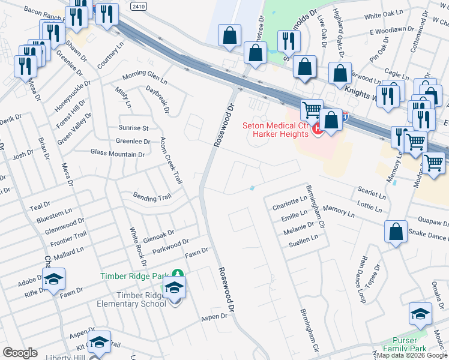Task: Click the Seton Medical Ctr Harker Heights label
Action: (x=276, y=129)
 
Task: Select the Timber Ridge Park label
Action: (x=134, y=277)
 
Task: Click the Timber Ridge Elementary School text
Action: (x=131, y=299)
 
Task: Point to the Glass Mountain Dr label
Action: (x=118, y=154)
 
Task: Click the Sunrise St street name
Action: (x=133, y=128)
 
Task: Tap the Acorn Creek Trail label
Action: (x=170, y=161)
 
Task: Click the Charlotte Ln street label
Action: (x=289, y=204)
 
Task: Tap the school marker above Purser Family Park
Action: (x=420, y=314)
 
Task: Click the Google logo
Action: (x=20, y=353)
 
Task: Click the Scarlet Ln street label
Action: (x=372, y=194)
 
